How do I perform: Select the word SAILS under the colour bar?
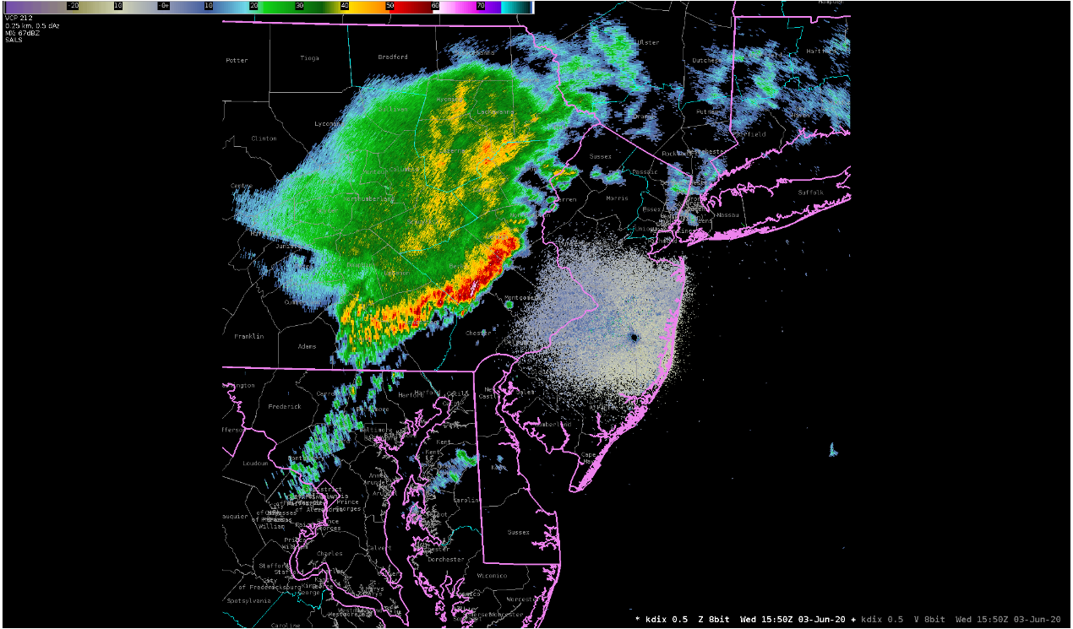14,40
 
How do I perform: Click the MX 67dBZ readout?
21,33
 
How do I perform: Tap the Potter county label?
237,60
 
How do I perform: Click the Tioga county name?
309,57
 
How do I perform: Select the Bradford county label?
393,57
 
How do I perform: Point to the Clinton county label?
264,138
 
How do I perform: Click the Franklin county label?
248,336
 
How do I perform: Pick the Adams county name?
307,346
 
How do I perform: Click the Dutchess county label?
706,61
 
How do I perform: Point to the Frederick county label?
285,406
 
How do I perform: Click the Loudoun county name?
255,463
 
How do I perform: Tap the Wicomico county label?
492,575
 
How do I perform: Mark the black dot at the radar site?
634,338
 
